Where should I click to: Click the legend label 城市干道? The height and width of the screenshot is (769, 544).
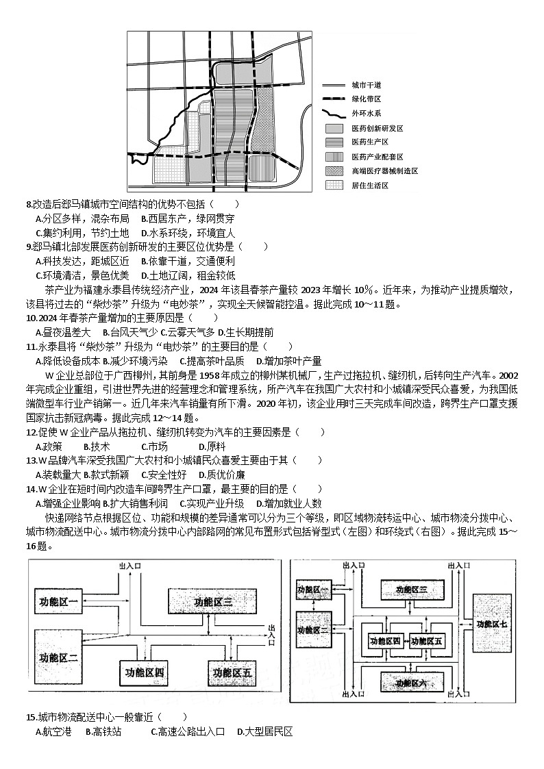click(366, 86)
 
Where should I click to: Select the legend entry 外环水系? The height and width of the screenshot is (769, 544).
click(366, 114)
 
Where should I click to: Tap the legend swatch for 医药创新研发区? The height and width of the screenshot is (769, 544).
click(334, 128)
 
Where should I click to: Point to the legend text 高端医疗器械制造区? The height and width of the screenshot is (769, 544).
click(384, 171)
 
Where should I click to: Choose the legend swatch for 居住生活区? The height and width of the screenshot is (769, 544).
click(334, 185)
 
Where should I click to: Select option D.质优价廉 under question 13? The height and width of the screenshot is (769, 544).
click(222, 475)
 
